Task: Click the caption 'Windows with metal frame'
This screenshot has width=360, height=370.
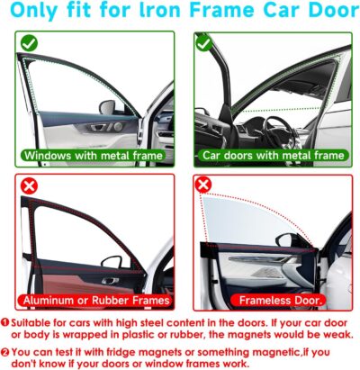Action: tap(94, 155)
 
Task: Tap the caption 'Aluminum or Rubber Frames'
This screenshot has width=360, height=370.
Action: tap(94, 300)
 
